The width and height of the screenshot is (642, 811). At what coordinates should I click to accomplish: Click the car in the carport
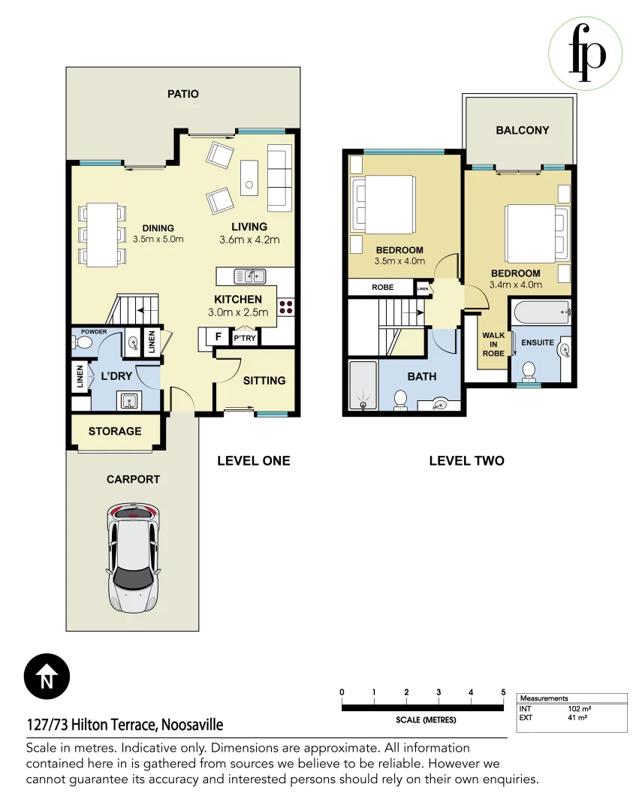133,558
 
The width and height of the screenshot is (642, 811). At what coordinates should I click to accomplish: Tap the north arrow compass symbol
47,677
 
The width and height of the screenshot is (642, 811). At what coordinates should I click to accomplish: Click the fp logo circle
585,54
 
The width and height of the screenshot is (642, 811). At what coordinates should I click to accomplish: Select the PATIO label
182,94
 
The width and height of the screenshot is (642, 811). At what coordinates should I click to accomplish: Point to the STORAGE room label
115,431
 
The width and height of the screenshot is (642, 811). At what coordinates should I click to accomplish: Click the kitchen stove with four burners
286,307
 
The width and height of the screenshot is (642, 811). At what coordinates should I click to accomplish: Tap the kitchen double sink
250,276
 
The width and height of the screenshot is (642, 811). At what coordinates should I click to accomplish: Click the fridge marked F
218,336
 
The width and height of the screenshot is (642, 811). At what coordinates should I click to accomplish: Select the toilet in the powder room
82,342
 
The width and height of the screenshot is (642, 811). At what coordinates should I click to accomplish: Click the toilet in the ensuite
528,370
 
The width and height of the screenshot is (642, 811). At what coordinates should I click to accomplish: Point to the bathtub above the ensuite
541,312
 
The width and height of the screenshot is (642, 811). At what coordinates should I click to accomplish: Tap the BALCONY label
523,131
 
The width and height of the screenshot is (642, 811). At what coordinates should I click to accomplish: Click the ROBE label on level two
382,287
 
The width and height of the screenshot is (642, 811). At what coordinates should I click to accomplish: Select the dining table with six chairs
102,235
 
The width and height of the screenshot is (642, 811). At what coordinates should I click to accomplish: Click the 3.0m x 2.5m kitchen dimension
238,312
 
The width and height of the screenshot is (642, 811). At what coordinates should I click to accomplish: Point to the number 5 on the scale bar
503,692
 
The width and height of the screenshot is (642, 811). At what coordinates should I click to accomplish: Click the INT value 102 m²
580,709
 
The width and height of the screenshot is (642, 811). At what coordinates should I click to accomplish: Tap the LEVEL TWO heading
466,461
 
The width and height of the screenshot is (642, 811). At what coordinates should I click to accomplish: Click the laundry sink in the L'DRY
128,401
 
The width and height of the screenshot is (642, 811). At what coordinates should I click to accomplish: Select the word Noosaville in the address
192,725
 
